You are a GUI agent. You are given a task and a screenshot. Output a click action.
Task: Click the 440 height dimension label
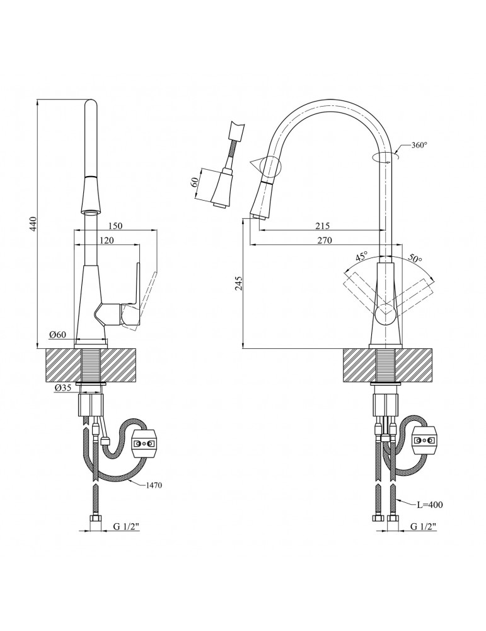pos(34,224)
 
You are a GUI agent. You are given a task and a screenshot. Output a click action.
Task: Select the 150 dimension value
pos(115,226)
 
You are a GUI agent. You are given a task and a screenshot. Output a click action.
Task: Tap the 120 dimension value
pos(107,240)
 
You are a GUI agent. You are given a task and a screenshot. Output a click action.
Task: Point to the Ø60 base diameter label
pos(58,334)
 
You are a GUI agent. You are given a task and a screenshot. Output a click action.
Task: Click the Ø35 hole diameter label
pos(62,388)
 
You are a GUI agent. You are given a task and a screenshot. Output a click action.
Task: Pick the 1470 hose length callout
pos(153,485)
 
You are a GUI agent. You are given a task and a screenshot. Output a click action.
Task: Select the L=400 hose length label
pos(430,505)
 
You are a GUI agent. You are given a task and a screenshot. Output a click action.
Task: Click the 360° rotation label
pos(419,145)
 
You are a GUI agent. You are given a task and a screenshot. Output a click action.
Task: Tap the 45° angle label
pos(362,256)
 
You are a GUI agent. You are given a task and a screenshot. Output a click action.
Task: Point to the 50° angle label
pos(415,257)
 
